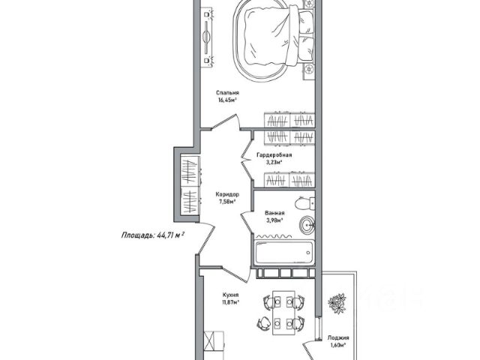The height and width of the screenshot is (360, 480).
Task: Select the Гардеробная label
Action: click(273, 155)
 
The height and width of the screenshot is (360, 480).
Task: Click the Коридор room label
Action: click(226, 194)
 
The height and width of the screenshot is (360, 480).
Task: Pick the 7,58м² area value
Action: click(226, 201)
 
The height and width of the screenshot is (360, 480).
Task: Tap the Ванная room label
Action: click(275, 213)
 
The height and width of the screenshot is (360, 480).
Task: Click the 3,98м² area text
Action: click(275, 220)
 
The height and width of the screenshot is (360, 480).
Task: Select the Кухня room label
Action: click(231, 295)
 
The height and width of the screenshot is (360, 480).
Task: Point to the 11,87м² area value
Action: click(231, 302)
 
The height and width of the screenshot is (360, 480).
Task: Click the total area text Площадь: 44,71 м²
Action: click(153, 235)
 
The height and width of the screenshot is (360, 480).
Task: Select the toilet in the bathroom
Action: click(304, 203)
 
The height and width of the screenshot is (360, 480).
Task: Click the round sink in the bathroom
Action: click(306, 224)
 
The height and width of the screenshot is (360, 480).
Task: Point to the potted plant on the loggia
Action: click(335, 301)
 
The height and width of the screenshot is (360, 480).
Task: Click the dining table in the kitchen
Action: click(282, 310)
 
